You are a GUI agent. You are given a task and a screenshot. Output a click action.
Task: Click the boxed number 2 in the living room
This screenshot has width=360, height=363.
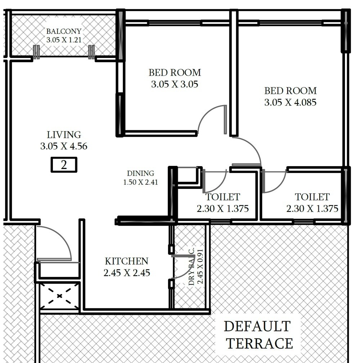tap(64, 165)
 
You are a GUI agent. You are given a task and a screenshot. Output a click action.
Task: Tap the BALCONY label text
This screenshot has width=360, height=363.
tap(64, 31)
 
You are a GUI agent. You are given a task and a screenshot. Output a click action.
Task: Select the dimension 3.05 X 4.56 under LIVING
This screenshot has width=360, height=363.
tap(64, 146)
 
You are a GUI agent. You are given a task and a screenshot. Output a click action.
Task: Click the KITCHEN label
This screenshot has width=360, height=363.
tap(126, 261)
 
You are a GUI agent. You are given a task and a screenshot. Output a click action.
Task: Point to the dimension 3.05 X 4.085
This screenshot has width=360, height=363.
tap(290, 103)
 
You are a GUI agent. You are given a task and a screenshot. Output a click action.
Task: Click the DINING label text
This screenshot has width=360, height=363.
tap(140, 173)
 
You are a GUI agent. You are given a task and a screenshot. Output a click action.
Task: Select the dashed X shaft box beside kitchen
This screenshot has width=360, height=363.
tap(60, 296)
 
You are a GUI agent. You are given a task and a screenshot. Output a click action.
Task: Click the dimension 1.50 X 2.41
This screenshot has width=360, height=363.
tap(140, 182)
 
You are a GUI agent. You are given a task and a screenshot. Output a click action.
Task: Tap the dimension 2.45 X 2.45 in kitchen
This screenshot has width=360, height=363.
tap(127, 273)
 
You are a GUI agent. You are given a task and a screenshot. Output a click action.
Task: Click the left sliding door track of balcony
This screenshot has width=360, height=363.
tap(36, 52)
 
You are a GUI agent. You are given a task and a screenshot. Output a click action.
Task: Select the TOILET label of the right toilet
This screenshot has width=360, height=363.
tap(312, 197)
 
